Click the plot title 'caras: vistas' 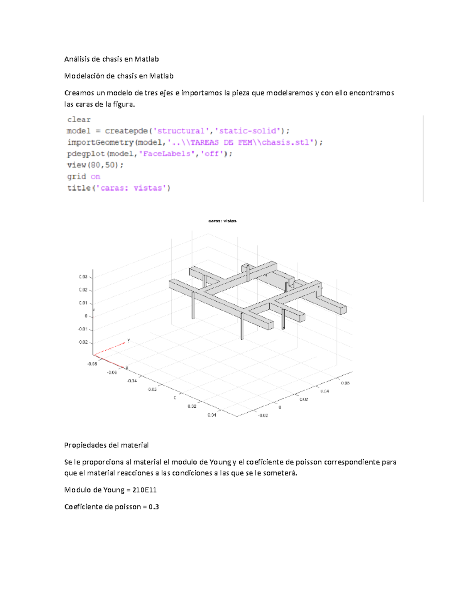(222, 221)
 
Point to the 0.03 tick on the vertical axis (83, 277)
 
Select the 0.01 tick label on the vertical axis (83, 303)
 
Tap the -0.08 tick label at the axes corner (92, 364)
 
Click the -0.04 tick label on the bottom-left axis (132, 381)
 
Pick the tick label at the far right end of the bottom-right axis (345, 383)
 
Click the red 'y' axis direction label (128, 340)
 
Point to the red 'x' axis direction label (127, 368)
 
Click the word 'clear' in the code (79, 120)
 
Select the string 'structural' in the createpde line (181, 131)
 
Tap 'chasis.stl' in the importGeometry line (286, 142)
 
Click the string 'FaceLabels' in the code (167, 154)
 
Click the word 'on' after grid (95, 177)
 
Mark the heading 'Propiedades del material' (106, 445)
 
